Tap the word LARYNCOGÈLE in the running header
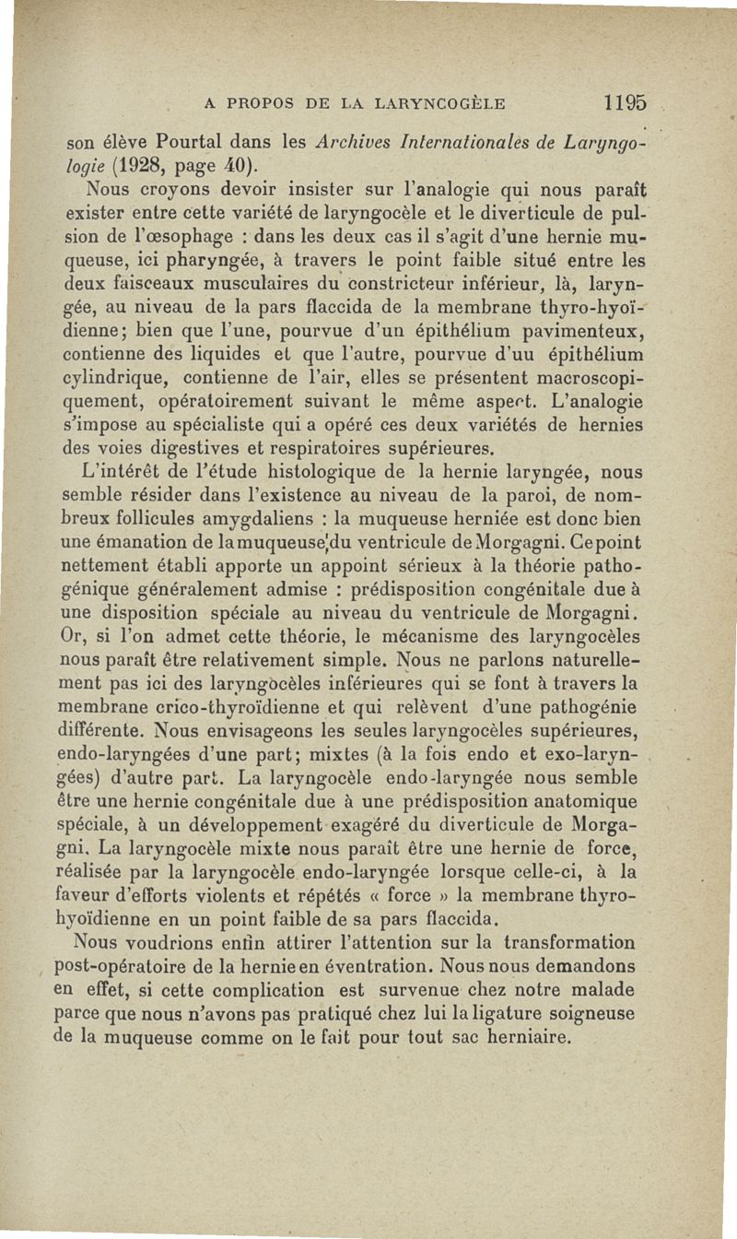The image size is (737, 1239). [431, 104]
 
